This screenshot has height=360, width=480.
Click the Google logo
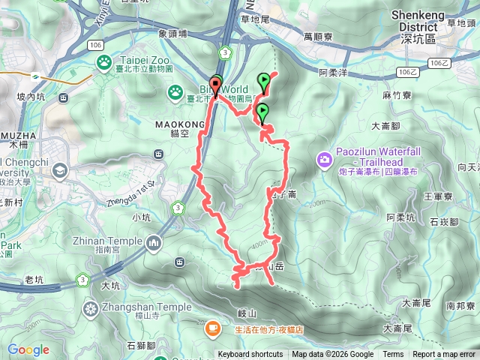coord(28,349)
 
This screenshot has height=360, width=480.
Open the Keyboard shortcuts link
coord(250,355)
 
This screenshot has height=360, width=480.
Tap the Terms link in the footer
coord(393,355)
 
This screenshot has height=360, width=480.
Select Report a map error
coord(445,355)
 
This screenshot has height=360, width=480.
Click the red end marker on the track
coord(217,85)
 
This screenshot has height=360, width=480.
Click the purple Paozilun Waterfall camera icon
coord(324,159)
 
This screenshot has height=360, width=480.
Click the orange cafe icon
coord(213,327)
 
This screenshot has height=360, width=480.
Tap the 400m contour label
coord(259,245)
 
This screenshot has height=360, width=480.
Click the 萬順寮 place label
coord(318,36)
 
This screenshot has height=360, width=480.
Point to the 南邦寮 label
coord(460,306)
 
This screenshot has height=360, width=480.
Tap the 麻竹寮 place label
coord(397,96)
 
